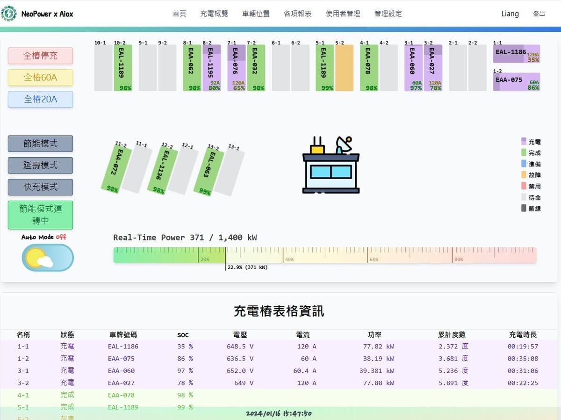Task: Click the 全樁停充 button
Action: coord(40,56)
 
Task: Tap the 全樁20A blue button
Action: coord(40,99)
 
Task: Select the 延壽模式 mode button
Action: coord(40,165)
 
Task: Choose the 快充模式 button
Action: coord(40,187)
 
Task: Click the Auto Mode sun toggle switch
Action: coord(48,257)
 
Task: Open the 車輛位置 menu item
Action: coord(256,14)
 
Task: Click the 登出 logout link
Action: coord(539,14)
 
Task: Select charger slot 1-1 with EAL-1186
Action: coord(516,54)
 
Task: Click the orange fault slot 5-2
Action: coord(344,68)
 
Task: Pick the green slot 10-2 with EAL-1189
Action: coord(122,68)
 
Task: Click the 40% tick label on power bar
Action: coord(289,259)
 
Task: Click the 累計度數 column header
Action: coord(452,335)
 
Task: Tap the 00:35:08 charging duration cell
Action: coord(523,359)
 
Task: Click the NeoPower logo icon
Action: coord(9,14)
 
